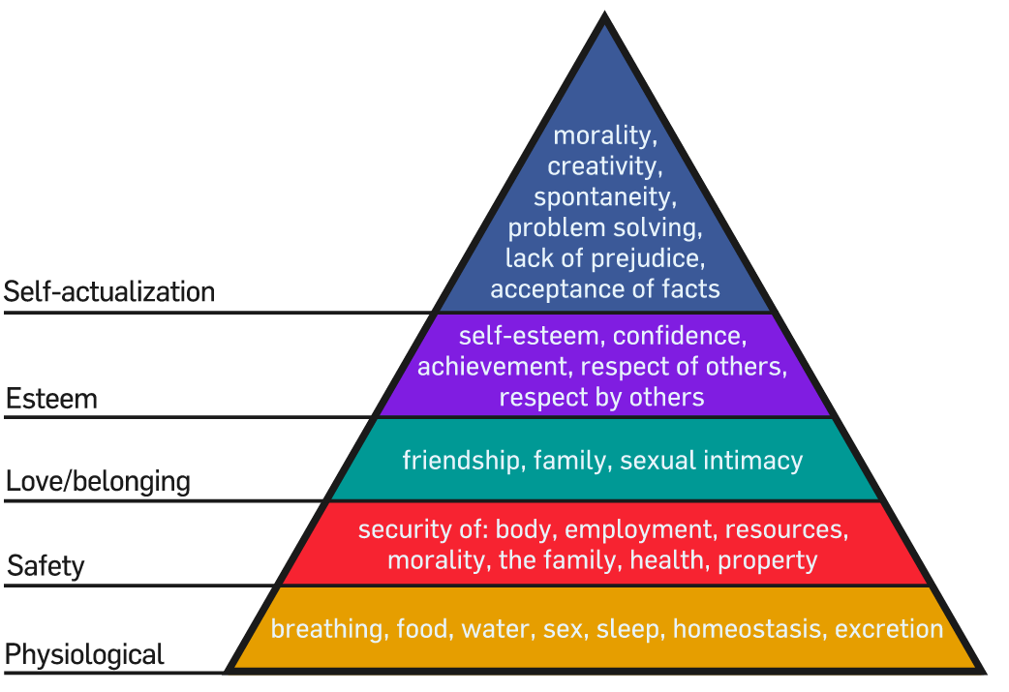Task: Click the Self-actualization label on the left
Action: coord(109,292)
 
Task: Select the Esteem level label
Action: coord(52,399)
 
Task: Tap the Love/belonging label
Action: coord(99,482)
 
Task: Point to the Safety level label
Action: coord(46,566)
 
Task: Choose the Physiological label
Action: coord(84,654)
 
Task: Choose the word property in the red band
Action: coord(768,560)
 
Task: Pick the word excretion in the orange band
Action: coord(889,629)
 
